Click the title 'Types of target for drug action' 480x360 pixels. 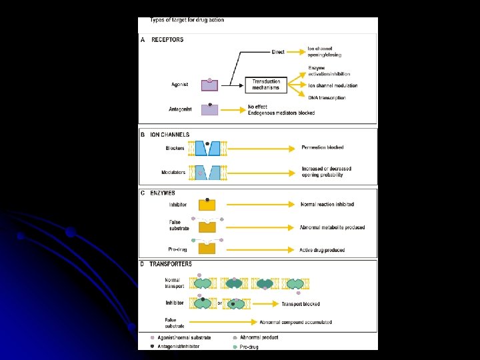187,20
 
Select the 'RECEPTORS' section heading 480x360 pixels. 167,40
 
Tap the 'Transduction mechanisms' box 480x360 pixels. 266,85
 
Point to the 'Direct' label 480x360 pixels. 278,52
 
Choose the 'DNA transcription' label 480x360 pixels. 327,98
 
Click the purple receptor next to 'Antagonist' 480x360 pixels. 210,109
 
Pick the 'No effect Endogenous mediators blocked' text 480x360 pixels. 281,110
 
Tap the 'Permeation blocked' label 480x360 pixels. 323,147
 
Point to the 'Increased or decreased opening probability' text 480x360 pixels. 327,172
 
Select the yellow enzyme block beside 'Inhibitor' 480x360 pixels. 208,205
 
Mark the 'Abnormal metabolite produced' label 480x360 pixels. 333,227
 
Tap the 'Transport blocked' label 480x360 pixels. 300,304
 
